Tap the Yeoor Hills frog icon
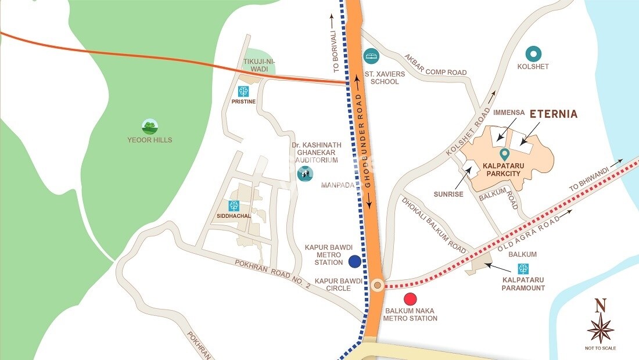[x=150, y=126]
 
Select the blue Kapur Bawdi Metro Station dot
[x=354, y=262]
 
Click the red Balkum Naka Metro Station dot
[x=411, y=300]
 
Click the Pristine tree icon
[x=243, y=91]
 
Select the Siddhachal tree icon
[x=234, y=206]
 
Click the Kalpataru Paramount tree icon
[x=523, y=269]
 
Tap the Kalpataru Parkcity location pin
[x=504, y=154]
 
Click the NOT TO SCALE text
[x=601, y=348]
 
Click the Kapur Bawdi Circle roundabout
[x=378, y=285]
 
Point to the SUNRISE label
[x=448, y=194]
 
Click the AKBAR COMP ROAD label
[x=437, y=69]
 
